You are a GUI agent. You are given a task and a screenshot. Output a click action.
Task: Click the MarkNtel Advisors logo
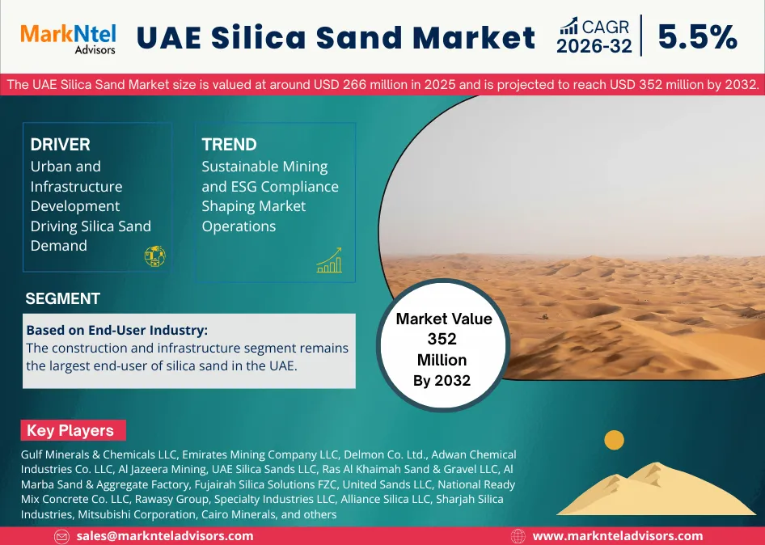(x=67, y=37)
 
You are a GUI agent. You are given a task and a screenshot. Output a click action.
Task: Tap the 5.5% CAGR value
(x=697, y=37)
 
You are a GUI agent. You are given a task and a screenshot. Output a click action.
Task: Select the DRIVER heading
(x=60, y=145)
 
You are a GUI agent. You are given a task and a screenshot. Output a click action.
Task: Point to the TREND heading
(x=229, y=145)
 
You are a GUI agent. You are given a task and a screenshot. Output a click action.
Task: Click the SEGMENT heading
(x=62, y=298)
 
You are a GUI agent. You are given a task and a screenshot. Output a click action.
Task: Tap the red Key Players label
(x=70, y=430)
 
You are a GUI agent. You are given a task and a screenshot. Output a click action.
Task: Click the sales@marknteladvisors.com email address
(x=164, y=535)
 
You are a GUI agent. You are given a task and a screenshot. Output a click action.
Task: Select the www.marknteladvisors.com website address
(x=617, y=535)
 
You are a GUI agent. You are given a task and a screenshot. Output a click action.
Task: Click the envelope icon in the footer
(x=61, y=536)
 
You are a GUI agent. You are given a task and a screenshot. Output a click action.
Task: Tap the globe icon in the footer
(x=518, y=536)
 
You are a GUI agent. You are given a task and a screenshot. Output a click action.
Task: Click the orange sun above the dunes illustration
(x=615, y=440)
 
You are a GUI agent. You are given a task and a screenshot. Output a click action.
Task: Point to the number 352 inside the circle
(x=442, y=340)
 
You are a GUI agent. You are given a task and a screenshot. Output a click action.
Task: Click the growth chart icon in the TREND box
(x=329, y=260)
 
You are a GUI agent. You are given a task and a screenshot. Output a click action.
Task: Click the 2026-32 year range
(x=594, y=46)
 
